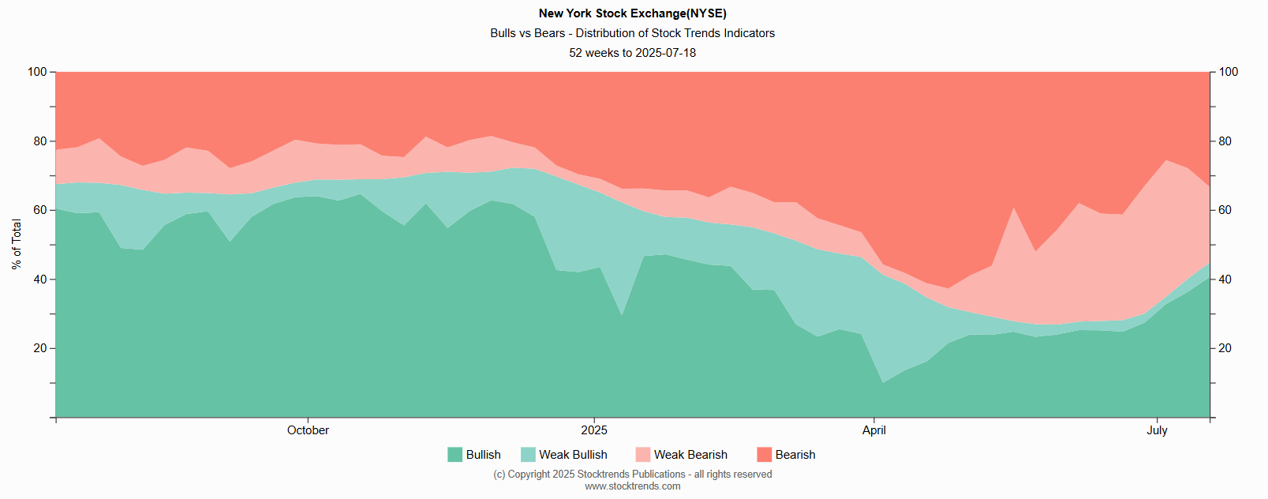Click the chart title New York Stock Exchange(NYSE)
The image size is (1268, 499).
632,13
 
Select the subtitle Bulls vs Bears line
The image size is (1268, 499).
632,33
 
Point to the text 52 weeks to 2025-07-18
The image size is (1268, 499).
632,53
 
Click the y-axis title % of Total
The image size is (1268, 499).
17,245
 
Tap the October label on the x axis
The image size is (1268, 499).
308,430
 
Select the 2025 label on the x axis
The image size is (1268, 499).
594,430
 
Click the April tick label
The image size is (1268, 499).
873,430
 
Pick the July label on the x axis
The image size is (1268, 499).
1157,430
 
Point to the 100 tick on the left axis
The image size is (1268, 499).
37,72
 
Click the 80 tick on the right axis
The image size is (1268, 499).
1225,141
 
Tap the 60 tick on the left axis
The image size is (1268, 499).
40,210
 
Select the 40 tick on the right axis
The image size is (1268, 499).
1225,280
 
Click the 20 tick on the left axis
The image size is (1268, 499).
40,348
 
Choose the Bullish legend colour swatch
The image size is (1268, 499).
454,455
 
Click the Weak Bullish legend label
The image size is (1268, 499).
573,455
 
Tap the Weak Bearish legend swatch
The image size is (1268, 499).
642,455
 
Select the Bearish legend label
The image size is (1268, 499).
795,455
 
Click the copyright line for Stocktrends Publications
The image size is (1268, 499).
632,475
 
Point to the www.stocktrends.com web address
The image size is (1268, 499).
632,486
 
